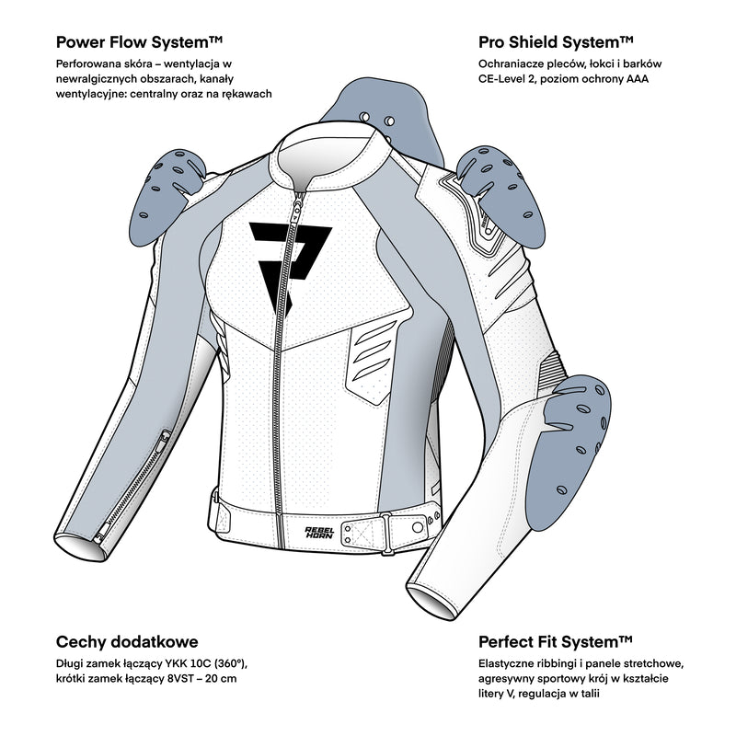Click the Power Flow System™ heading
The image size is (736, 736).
point(140,42)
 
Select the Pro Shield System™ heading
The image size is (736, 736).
point(555,42)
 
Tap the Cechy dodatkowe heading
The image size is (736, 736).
point(127,641)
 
